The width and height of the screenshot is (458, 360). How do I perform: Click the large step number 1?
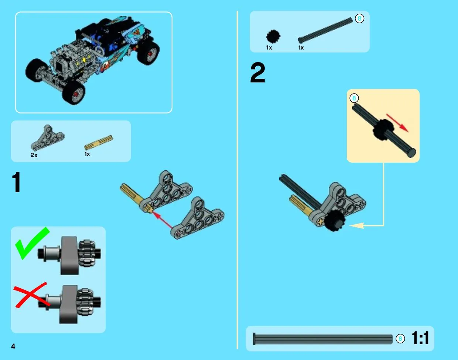[17, 182]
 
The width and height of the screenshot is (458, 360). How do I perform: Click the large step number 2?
[257, 73]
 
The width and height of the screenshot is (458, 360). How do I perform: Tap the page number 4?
[13, 346]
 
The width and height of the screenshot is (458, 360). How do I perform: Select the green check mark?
[32, 243]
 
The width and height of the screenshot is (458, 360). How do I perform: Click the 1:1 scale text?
[420, 338]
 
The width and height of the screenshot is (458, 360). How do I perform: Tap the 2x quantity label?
[34, 155]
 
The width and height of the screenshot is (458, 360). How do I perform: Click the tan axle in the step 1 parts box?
[99, 143]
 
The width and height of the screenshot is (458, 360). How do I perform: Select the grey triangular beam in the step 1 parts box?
[48, 137]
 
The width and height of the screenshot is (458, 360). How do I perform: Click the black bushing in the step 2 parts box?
[273, 36]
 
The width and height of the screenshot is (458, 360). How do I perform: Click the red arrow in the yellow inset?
[397, 123]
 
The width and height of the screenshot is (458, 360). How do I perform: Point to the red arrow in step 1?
[162, 220]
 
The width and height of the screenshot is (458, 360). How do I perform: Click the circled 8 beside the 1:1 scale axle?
[400, 339]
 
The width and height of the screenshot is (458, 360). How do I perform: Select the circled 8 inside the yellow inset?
[354, 98]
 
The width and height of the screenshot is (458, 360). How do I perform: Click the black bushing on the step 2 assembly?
[335, 221]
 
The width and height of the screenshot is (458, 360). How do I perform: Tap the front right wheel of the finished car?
[74, 93]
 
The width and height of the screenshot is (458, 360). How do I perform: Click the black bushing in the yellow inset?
[383, 129]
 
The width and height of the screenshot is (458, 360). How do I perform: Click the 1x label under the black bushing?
[269, 48]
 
